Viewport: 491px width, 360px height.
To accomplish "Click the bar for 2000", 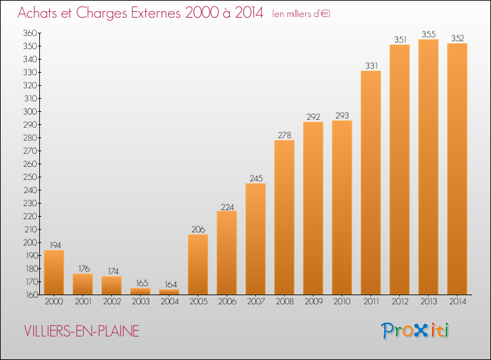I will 54,272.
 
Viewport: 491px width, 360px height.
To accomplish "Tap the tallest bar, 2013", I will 428,167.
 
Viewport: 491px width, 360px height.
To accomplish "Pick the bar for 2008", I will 284,217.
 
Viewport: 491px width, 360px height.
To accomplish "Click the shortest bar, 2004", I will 169,292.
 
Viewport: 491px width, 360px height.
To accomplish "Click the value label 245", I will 255,177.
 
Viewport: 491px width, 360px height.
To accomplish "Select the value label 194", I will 54,244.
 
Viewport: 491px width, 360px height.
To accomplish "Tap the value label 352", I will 457,37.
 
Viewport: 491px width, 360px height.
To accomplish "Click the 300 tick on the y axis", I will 29,111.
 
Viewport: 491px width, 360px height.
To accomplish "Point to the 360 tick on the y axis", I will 29,33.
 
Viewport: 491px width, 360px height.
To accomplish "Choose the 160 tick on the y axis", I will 29,295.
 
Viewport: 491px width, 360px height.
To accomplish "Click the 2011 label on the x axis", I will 371,302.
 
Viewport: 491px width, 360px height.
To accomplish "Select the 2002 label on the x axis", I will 111,302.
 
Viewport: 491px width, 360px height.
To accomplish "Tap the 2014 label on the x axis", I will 457,302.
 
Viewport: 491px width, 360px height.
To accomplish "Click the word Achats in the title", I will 40,13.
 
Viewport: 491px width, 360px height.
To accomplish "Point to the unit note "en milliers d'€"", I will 301,14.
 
